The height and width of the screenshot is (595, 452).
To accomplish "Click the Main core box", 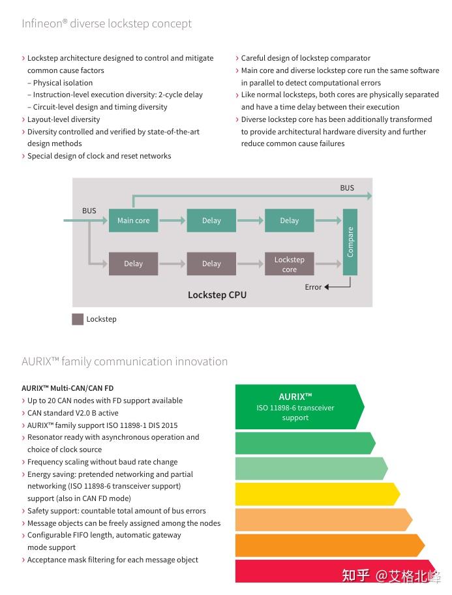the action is pos(133,221).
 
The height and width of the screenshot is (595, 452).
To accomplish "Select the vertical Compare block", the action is pos(350,241).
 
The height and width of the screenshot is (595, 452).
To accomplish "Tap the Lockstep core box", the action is pos(289,264).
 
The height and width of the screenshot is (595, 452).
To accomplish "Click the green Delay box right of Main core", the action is pos(211,221).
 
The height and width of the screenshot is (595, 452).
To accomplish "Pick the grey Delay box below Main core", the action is pos(133,264).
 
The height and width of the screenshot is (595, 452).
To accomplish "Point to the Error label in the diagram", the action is pos(313,287).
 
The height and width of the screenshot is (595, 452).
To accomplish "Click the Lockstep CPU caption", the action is pos(217,295).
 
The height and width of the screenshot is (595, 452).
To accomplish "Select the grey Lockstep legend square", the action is pos(78,319).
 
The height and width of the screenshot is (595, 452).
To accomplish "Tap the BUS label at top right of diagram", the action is pos(347,188).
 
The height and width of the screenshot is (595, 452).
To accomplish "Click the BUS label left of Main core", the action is pos(89,211).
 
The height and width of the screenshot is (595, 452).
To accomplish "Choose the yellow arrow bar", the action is pos(318,494).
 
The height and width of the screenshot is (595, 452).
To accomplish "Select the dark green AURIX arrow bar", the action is pos(300,407).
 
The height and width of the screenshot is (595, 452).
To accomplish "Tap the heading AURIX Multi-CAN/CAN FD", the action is pos(68,388).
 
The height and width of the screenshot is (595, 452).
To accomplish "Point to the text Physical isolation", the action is pos(63,83).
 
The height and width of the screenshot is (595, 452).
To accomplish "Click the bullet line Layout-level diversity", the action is pos(63,119).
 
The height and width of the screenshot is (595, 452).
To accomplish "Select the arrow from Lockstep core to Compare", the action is pos(328,264).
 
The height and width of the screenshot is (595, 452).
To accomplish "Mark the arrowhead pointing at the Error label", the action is pos(327,287).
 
